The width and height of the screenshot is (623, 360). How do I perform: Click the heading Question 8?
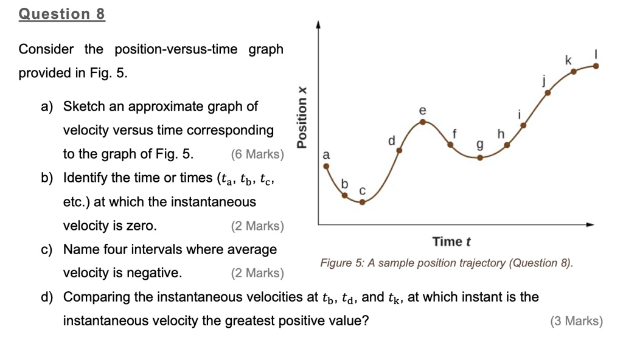[x=61, y=14]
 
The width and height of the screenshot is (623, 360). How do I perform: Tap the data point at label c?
[x=362, y=201]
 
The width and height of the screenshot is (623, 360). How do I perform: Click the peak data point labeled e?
[x=423, y=122]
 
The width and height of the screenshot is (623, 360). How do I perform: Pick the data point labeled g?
[x=480, y=157]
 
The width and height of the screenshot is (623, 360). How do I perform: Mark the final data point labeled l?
[x=596, y=66]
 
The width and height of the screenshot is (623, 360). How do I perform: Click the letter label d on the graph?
[x=391, y=140]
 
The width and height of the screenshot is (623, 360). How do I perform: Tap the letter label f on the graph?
[x=454, y=134]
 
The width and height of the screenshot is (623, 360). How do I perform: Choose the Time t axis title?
[x=451, y=242]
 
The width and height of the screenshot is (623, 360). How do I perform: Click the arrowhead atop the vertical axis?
[x=318, y=26]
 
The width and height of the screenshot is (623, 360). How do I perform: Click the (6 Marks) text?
[x=257, y=154]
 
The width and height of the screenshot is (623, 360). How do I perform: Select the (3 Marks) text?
[x=576, y=321]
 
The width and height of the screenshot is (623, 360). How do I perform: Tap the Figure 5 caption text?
[x=447, y=263]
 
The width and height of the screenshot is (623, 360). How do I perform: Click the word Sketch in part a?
[x=85, y=107]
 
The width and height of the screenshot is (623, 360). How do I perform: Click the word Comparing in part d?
[x=95, y=297]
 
